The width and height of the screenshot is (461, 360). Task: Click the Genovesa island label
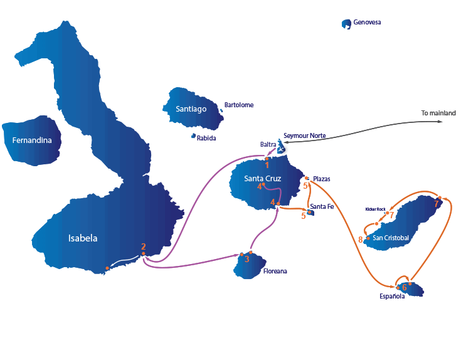pyautogui.click(x=367, y=23)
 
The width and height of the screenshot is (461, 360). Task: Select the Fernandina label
pyautogui.click(x=32, y=140)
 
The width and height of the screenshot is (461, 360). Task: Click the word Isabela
pyautogui.click(x=83, y=238)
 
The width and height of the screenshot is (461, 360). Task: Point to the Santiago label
pyautogui.click(x=191, y=109)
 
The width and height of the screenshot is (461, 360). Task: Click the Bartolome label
pyautogui.click(x=239, y=105)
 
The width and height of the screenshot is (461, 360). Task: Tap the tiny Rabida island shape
pyautogui.click(x=193, y=135)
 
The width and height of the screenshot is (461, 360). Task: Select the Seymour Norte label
pyautogui.click(x=305, y=135)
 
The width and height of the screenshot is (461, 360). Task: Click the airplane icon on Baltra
pyautogui.click(x=281, y=149)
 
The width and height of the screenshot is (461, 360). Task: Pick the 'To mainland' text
pyautogui.click(x=438, y=113)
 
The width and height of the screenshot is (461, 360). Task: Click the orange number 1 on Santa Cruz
pyautogui.click(x=267, y=165)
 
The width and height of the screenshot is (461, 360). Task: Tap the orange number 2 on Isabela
pyautogui.click(x=144, y=246)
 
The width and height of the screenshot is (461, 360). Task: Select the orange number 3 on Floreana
pyautogui.click(x=247, y=259)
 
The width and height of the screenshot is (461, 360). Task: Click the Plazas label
pyautogui.click(x=322, y=179)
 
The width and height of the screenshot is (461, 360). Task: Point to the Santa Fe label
pyautogui.click(x=322, y=206)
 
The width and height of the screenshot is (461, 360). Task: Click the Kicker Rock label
pyautogui.click(x=376, y=209)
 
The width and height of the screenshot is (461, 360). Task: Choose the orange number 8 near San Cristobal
pyautogui.click(x=361, y=240)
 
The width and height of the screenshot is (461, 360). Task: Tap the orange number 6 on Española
pyautogui.click(x=405, y=287)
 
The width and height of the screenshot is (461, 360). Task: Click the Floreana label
pyautogui.click(x=275, y=271)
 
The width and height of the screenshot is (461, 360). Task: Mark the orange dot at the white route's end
pyautogui.click(x=107, y=268)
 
